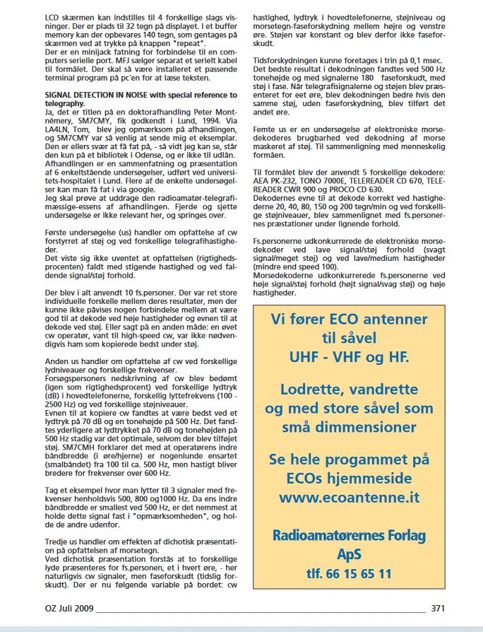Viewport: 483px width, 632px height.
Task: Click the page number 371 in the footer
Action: (437, 608)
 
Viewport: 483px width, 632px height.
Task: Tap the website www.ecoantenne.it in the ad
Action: (349, 498)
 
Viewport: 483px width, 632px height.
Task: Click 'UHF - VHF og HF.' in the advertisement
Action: (349, 357)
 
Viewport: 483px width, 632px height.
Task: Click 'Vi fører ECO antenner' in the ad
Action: (349, 319)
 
